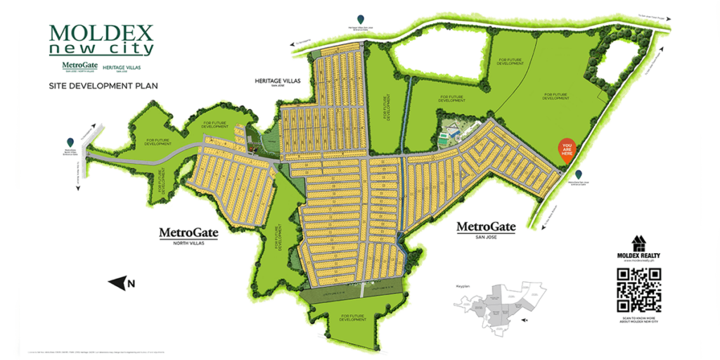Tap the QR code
[638, 290]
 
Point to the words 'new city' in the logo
[101, 49]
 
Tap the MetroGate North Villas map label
[188, 233]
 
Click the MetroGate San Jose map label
[486, 229]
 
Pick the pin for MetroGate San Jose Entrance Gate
[578, 174]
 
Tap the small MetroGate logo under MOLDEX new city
[78, 67]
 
